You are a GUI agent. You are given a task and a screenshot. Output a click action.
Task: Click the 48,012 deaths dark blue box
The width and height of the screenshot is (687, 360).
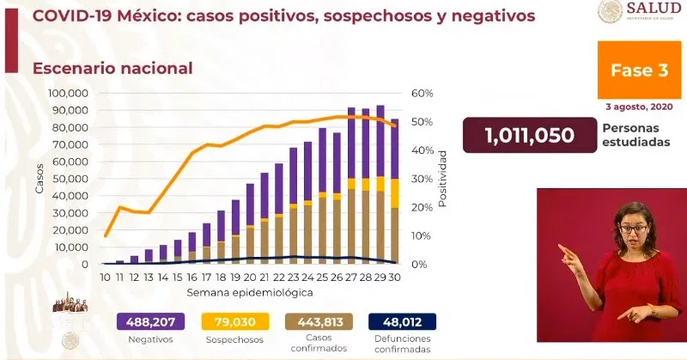(402, 321)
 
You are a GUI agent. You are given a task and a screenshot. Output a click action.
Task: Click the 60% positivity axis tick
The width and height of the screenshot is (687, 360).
(421, 93)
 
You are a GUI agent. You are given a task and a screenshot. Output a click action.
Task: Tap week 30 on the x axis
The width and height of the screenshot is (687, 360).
(394, 277)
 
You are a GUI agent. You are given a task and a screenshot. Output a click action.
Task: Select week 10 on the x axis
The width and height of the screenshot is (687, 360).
(105, 277)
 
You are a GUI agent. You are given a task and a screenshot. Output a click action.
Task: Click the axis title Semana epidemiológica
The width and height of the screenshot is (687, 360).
(250, 293)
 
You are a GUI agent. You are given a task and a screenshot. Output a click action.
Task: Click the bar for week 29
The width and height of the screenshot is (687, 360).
(380, 185)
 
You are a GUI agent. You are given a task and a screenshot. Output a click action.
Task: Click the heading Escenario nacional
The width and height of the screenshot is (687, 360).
(112, 67)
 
